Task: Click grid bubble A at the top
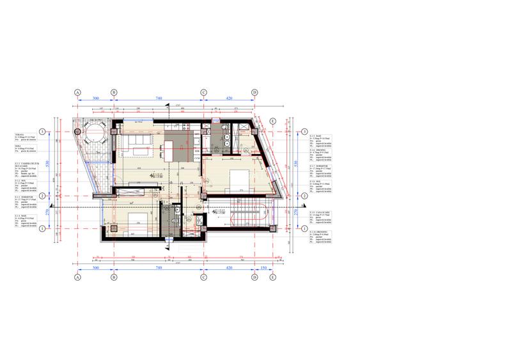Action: [x=77, y=93]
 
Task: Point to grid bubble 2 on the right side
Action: [x=297, y=196]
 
